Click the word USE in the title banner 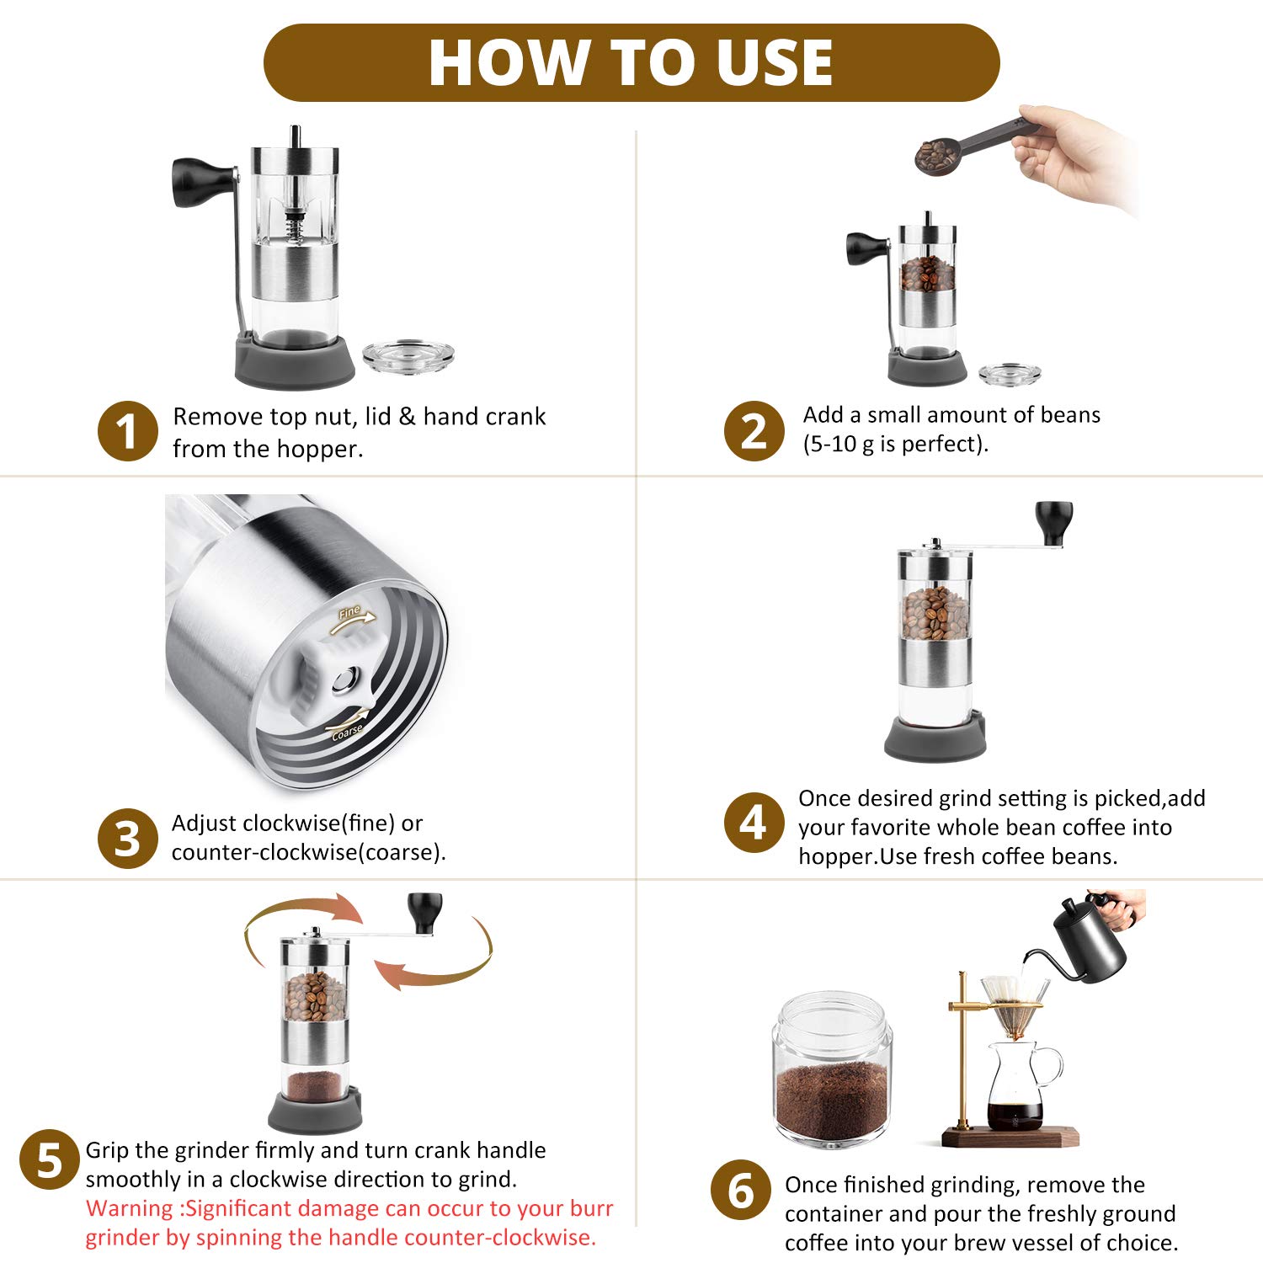click(775, 63)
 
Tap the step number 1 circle click(127, 430)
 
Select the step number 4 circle click(754, 823)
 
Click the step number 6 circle click(741, 1190)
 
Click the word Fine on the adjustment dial click(349, 612)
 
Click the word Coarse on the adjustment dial click(347, 732)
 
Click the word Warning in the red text click(130, 1208)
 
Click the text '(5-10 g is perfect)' click(895, 444)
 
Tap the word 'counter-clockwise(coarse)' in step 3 click(308, 852)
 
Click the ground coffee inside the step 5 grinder click(315, 1086)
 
